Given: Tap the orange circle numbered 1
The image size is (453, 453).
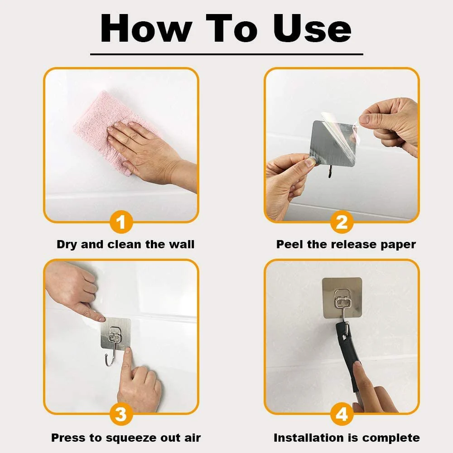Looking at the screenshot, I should point(121,222).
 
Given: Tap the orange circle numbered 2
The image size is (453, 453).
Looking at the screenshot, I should point(342,222).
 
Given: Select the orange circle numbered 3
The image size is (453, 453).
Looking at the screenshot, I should point(121,414).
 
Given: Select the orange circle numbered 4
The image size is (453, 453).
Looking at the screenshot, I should point(342,414).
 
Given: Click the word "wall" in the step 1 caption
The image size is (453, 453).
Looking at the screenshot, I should point(181,245).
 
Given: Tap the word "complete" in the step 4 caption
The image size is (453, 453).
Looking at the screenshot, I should point(391,438).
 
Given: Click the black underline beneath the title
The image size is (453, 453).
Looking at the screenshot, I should point(226,54).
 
